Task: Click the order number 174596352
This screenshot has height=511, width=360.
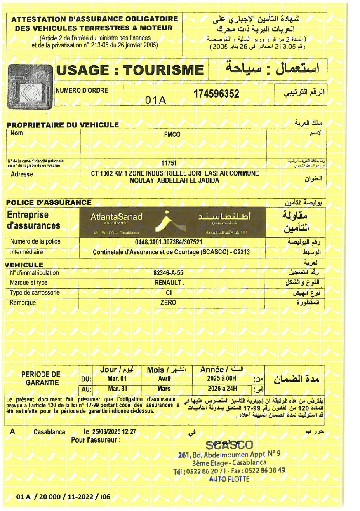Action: pyautogui.click(x=216, y=94)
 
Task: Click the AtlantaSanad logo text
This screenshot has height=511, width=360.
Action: pyautogui.click(x=116, y=217)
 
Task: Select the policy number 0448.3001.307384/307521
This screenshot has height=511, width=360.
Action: pyautogui.click(x=169, y=242)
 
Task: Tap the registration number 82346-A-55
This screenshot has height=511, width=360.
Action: pyautogui.click(x=168, y=273)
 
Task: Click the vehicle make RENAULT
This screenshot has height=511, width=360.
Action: pyautogui.click(x=168, y=283)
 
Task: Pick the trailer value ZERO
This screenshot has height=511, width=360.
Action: pyautogui.click(x=168, y=302)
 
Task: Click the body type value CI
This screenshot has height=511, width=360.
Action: pyautogui.click(x=168, y=293)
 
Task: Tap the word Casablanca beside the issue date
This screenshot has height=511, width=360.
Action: pyautogui.click(x=49, y=432)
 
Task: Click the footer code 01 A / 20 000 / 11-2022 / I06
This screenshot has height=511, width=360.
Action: pyautogui.click(x=63, y=497)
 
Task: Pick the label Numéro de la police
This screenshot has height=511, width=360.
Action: pyautogui.click(x=35, y=242)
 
